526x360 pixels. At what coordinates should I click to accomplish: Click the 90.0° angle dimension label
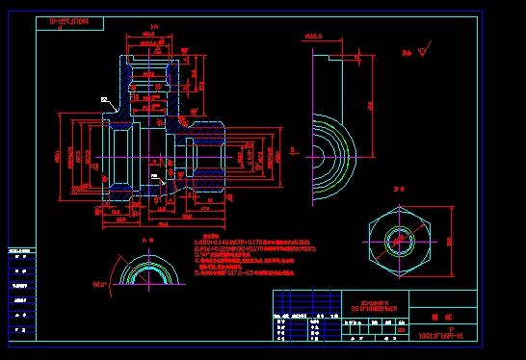click(99, 284)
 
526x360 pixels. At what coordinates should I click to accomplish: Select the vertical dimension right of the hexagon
click(450, 241)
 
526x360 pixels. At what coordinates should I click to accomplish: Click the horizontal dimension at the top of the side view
click(313, 37)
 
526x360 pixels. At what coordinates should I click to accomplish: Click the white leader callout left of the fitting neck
click(104, 99)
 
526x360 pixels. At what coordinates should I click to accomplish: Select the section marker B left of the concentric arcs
click(292, 150)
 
